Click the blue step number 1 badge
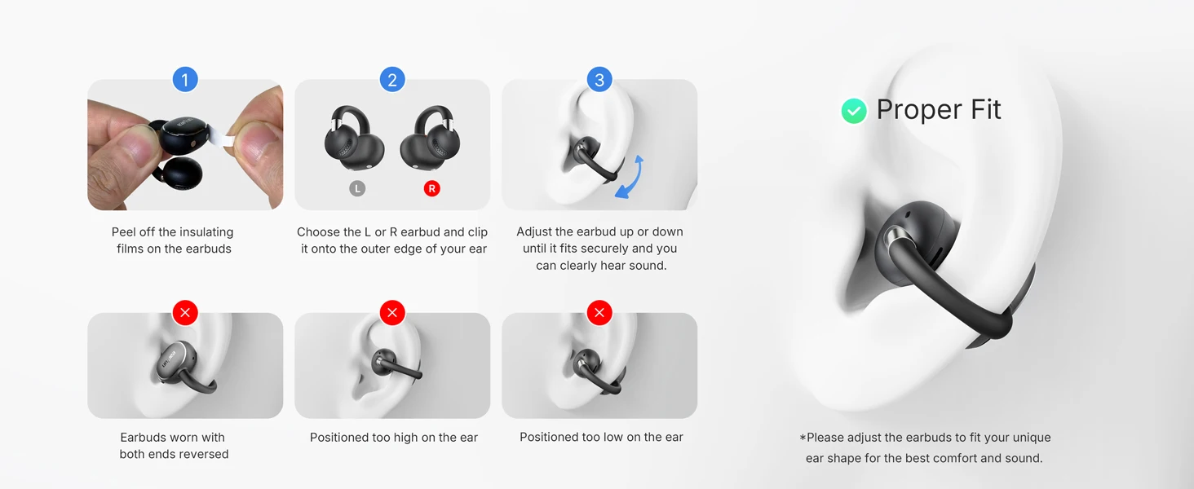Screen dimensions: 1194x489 [185, 80]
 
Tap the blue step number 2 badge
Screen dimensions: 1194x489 [392, 80]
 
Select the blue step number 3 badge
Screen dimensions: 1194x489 [599, 80]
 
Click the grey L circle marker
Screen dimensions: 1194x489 [357, 188]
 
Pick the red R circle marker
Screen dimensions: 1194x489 [431, 188]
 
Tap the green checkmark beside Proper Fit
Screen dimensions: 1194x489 [854, 111]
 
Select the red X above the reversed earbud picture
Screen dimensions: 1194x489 [185, 313]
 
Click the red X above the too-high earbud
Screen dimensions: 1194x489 [392, 313]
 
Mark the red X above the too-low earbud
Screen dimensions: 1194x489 [599, 313]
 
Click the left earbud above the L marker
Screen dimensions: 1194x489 [353, 138]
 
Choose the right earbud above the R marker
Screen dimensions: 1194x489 [430, 138]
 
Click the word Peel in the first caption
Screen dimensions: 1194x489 [123, 232]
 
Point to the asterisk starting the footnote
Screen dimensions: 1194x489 [803, 438]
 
